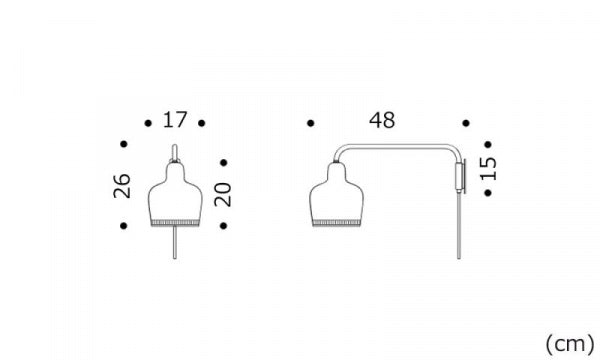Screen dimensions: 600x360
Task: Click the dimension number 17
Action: [x=175, y=120]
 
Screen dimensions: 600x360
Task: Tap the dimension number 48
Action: [x=382, y=120]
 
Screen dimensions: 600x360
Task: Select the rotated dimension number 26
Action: [x=122, y=186]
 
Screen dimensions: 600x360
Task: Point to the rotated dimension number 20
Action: [x=223, y=195]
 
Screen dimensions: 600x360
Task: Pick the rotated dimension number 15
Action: [x=488, y=169]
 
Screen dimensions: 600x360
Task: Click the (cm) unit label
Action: [x=569, y=343]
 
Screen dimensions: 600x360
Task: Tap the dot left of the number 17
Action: [x=148, y=123]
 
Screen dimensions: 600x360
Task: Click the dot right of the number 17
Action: [x=202, y=123]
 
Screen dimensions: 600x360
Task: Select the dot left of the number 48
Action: [x=311, y=123]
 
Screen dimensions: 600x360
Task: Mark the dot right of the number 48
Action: [x=466, y=123]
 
